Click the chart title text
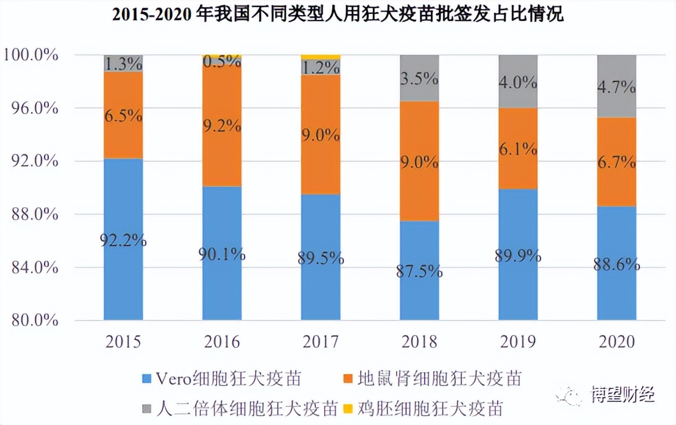[337, 15]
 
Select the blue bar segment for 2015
[123, 279]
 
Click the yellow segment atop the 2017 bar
[321, 57]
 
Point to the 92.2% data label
[123, 240]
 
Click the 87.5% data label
[419, 271]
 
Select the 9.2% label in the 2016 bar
[222, 125]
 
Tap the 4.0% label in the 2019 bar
[518, 82]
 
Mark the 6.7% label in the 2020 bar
[617, 162]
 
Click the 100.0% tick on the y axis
[31, 55]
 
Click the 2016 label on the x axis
[222, 341]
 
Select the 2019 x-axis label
[518, 341]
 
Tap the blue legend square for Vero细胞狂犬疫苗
[148, 379]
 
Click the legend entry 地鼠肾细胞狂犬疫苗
[438, 379]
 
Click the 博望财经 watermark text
[623, 395]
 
